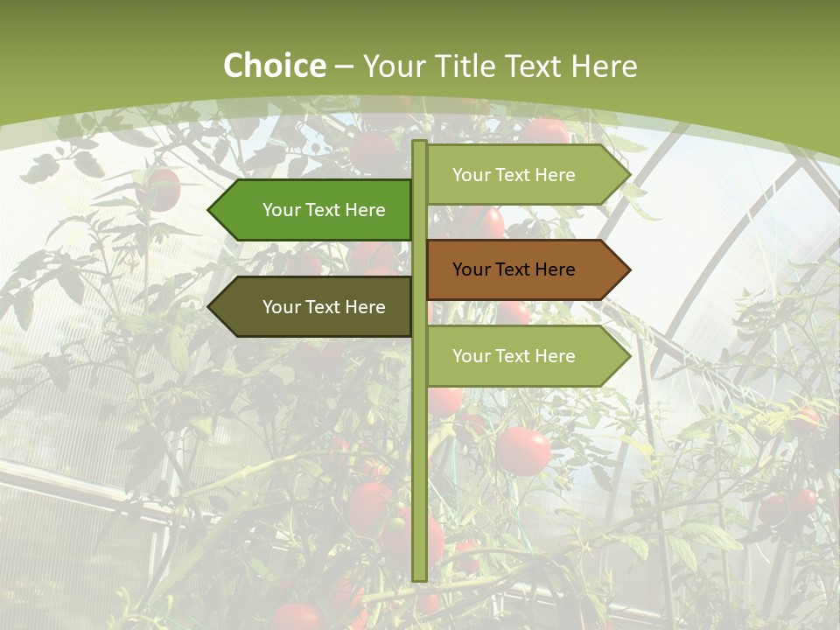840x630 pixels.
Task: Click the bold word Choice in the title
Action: pos(274,66)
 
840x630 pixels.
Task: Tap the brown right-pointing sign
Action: pos(525,269)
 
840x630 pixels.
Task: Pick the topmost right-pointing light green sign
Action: pos(525,175)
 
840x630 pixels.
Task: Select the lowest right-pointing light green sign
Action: pos(525,356)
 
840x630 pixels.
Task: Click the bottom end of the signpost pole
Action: pos(419,577)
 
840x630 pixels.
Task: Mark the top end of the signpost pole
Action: pos(419,143)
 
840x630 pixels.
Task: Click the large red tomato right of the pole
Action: pos(523,451)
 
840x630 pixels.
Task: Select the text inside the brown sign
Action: pos(514,269)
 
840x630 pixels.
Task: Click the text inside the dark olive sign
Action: pos(324,307)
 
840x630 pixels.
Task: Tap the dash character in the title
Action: pos(344,66)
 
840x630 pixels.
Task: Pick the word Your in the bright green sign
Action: pos(282,210)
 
